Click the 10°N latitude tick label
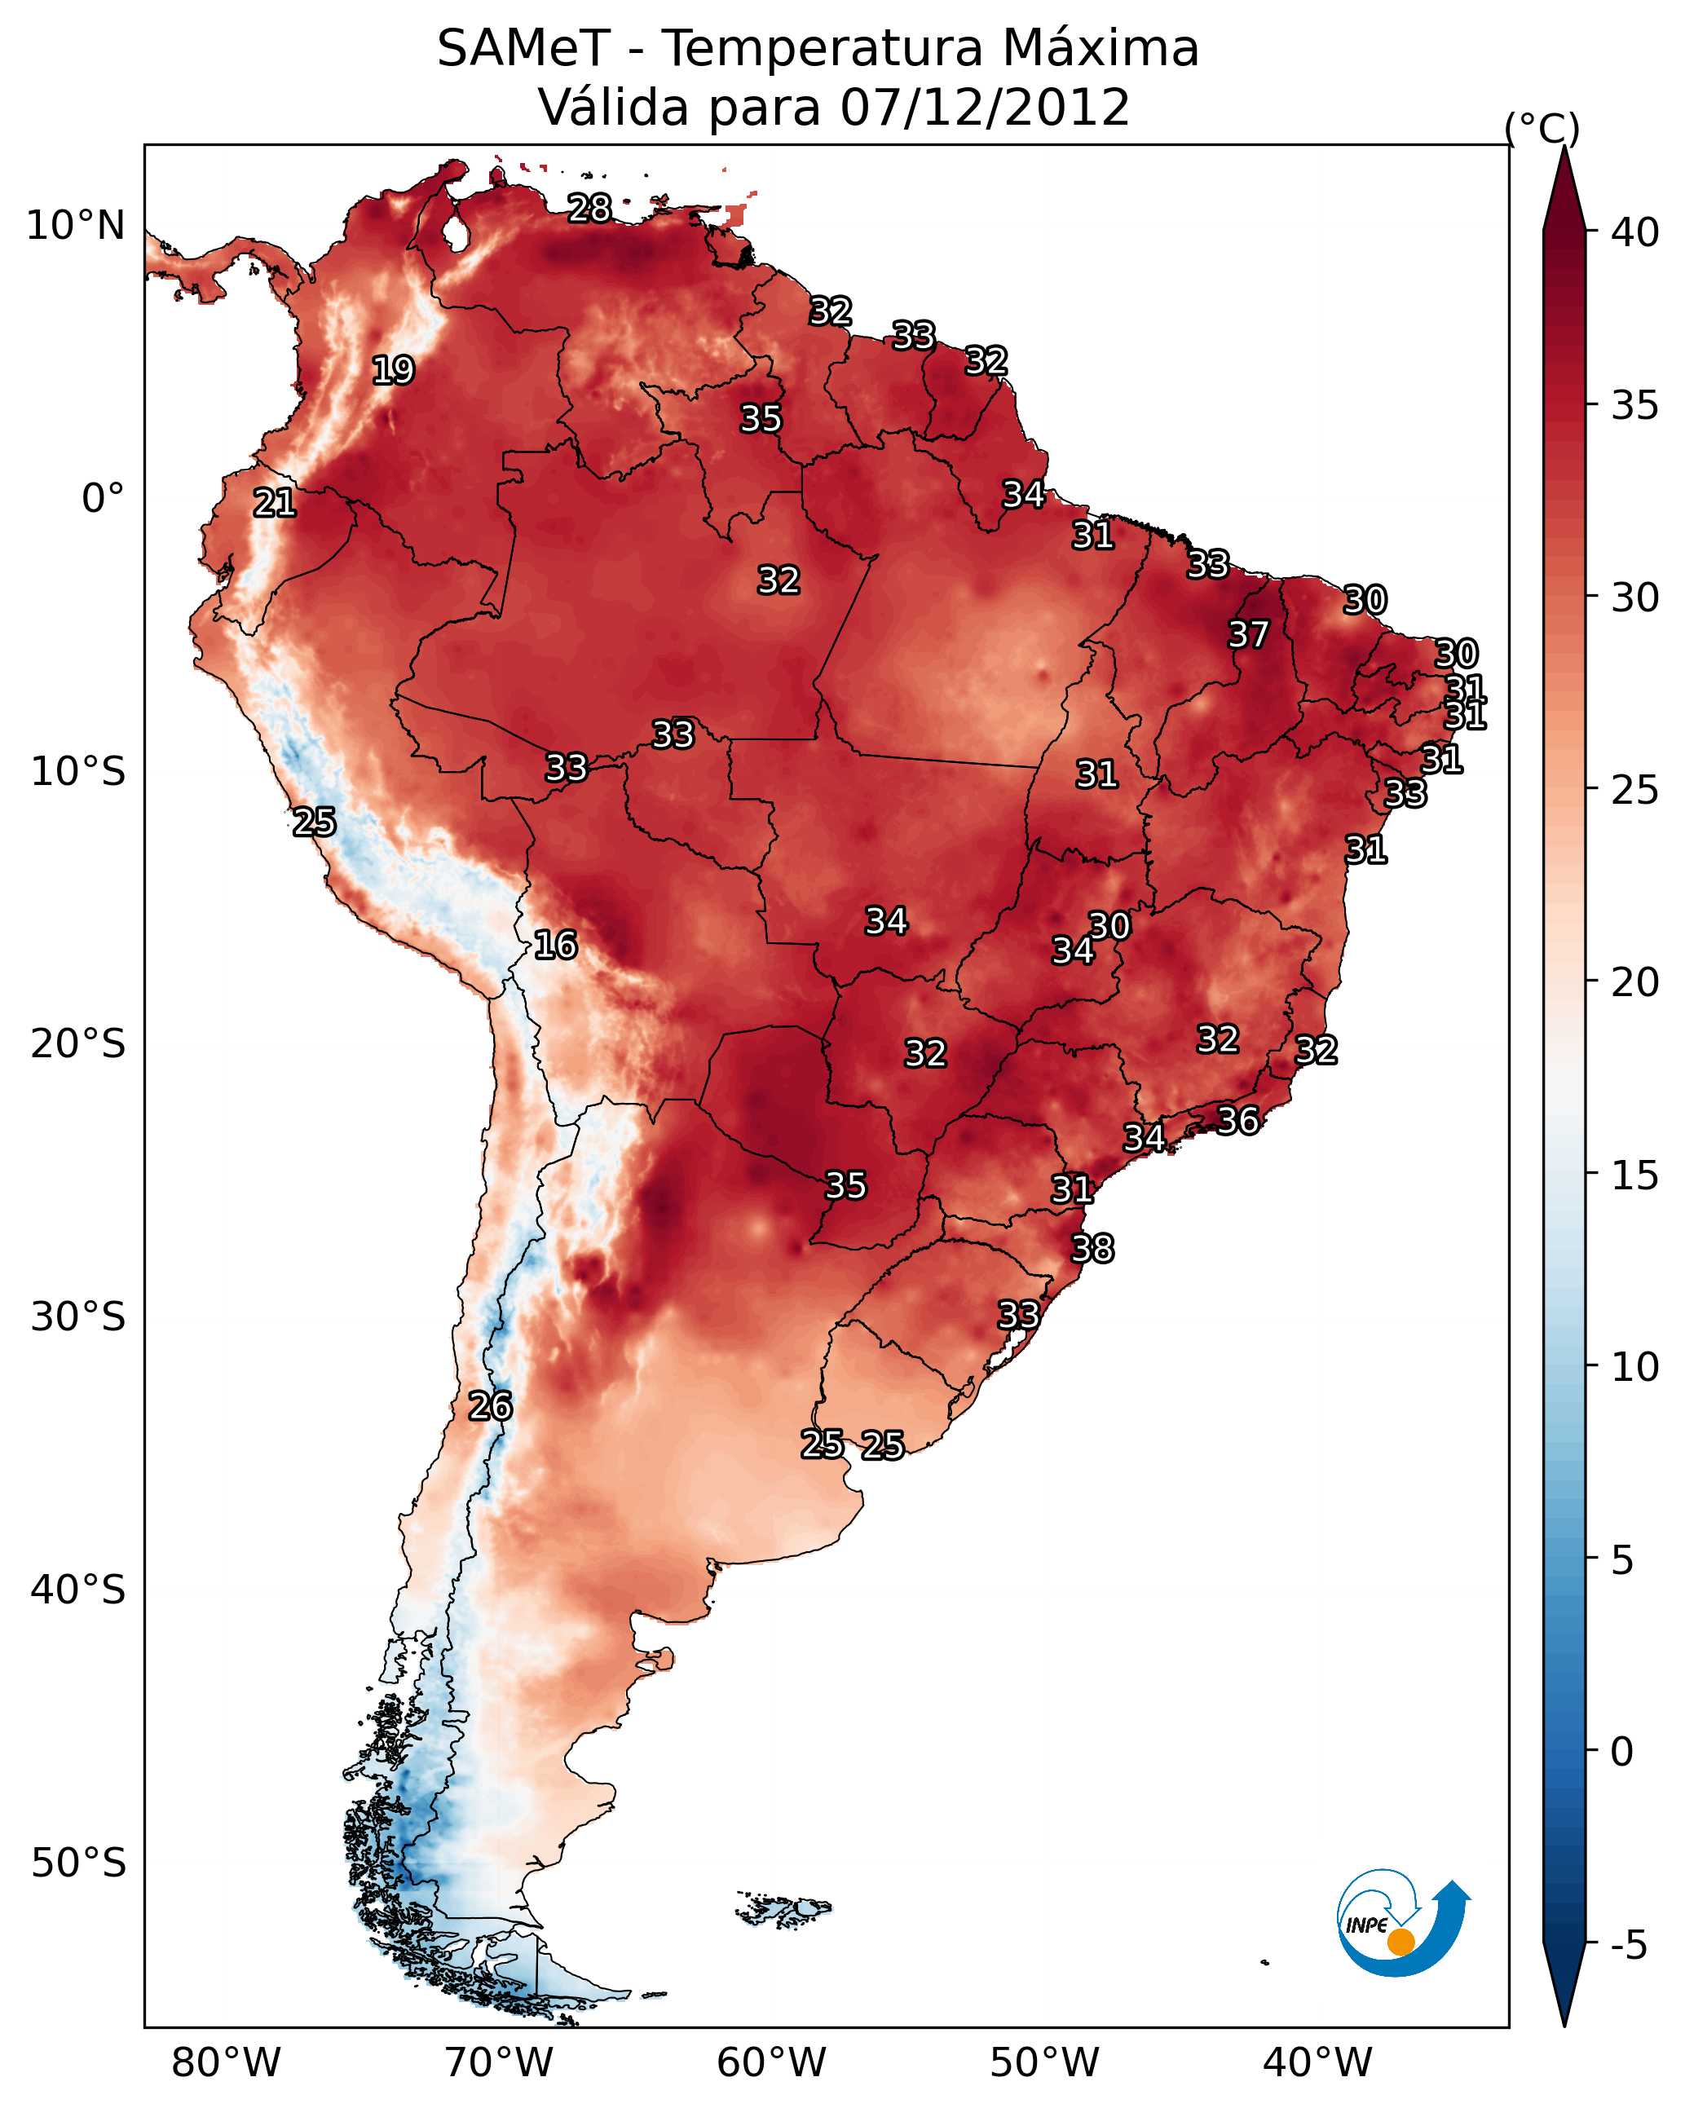click(75, 226)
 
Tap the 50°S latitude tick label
click(78, 1863)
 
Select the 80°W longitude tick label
click(226, 2063)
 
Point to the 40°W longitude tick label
click(1317, 2063)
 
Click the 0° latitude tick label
click(103, 499)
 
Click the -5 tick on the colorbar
click(1628, 1946)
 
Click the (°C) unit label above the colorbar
click(1542, 128)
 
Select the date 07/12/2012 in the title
click(985, 108)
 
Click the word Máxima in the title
click(1101, 49)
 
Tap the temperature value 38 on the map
click(1092, 1249)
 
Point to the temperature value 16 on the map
click(555, 945)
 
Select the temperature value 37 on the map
click(1248, 634)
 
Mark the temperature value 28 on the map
click(589, 207)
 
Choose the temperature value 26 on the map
click(490, 1406)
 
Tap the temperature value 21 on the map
click(275, 503)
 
